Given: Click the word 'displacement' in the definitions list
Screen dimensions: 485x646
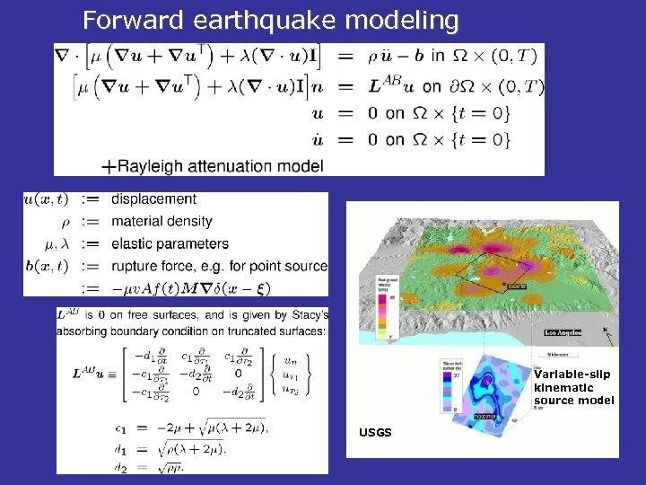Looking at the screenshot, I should (153, 198).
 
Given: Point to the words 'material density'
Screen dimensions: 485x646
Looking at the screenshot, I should (161, 221).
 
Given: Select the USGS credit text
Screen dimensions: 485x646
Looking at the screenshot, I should (375, 433).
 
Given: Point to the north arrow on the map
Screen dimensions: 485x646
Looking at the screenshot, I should (609, 336).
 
